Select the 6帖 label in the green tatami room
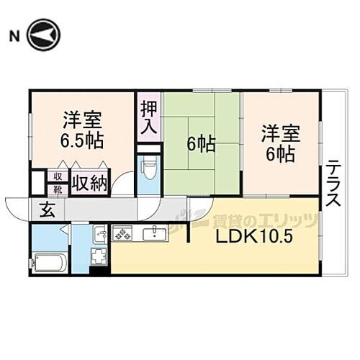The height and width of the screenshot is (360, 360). coord(201,144)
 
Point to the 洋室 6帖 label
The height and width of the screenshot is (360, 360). coord(279,143)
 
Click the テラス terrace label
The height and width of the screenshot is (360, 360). coord(333,184)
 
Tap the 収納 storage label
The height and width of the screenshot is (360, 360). coord(89,183)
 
